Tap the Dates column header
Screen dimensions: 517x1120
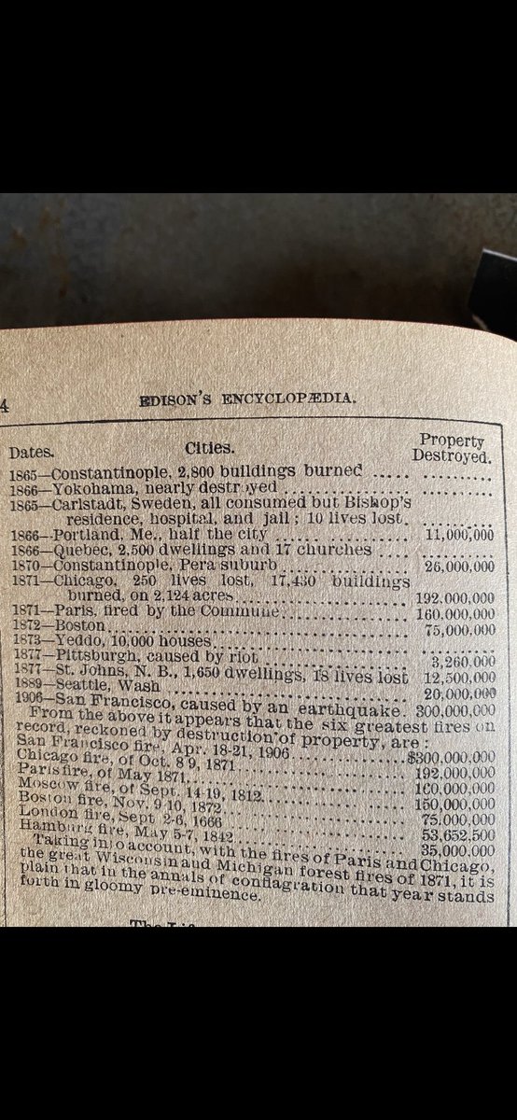(31, 453)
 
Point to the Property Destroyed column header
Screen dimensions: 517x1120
(452, 447)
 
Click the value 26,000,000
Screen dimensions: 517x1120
(458, 567)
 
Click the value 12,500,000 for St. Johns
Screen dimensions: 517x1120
(457, 677)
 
